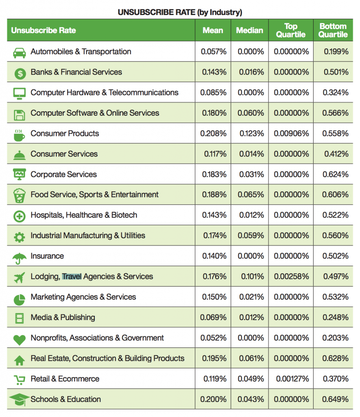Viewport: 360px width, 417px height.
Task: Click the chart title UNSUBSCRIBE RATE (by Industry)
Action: pos(180,12)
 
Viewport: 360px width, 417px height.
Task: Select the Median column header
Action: pos(249,30)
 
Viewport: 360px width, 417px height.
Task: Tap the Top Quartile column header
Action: pos(291,30)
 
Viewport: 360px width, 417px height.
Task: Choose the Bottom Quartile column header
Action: pos(333,30)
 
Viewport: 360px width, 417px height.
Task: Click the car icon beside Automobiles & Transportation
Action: pos(20,53)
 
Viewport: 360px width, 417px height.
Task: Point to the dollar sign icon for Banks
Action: pos(20,74)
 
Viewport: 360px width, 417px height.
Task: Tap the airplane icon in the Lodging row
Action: pos(20,278)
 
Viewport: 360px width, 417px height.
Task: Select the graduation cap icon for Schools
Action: pos(19,399)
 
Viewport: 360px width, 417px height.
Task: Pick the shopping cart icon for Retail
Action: pos(20,380)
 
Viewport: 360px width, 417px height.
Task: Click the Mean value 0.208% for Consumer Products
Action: pos(213,133)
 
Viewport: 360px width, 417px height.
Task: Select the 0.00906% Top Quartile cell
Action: pos(291,133)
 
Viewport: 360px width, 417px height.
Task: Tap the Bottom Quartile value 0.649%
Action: pos(335,399)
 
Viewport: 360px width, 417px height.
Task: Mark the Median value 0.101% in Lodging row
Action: pos(252,277)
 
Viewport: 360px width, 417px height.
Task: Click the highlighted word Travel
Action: pos(72,277)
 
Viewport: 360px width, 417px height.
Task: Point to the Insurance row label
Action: pos(47,256)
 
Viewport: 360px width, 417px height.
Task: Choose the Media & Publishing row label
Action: pos(63,318)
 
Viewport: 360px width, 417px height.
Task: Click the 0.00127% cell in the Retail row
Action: pos(292,379)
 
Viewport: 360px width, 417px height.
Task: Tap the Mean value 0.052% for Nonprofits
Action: pos(213,338)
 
